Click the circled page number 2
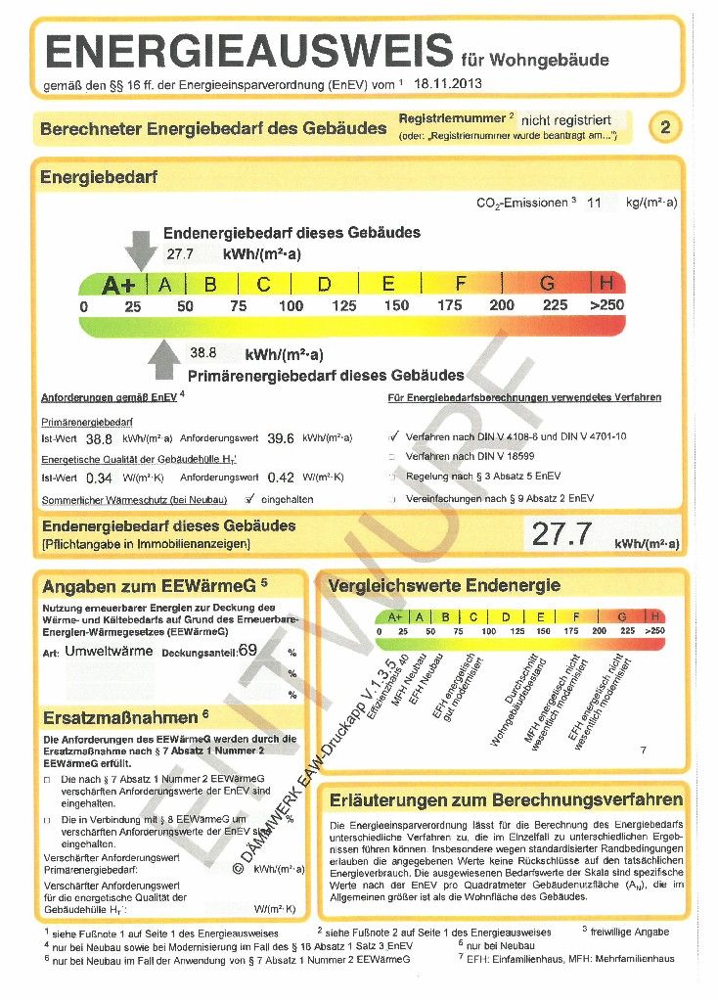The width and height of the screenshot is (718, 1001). [665, 127]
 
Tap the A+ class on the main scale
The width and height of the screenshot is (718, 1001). [119, 285]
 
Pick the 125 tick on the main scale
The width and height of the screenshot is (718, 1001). [343, 306]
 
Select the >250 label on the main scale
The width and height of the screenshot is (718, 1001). [606, 306]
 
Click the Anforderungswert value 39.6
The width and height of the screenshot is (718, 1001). [281, 438]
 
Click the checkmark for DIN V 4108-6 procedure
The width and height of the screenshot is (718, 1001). [393, 436]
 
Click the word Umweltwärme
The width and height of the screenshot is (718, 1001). [109, 651]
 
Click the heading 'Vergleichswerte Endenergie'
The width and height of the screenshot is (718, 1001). [445, 586]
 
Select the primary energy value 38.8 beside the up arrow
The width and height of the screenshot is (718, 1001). [202, 352]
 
